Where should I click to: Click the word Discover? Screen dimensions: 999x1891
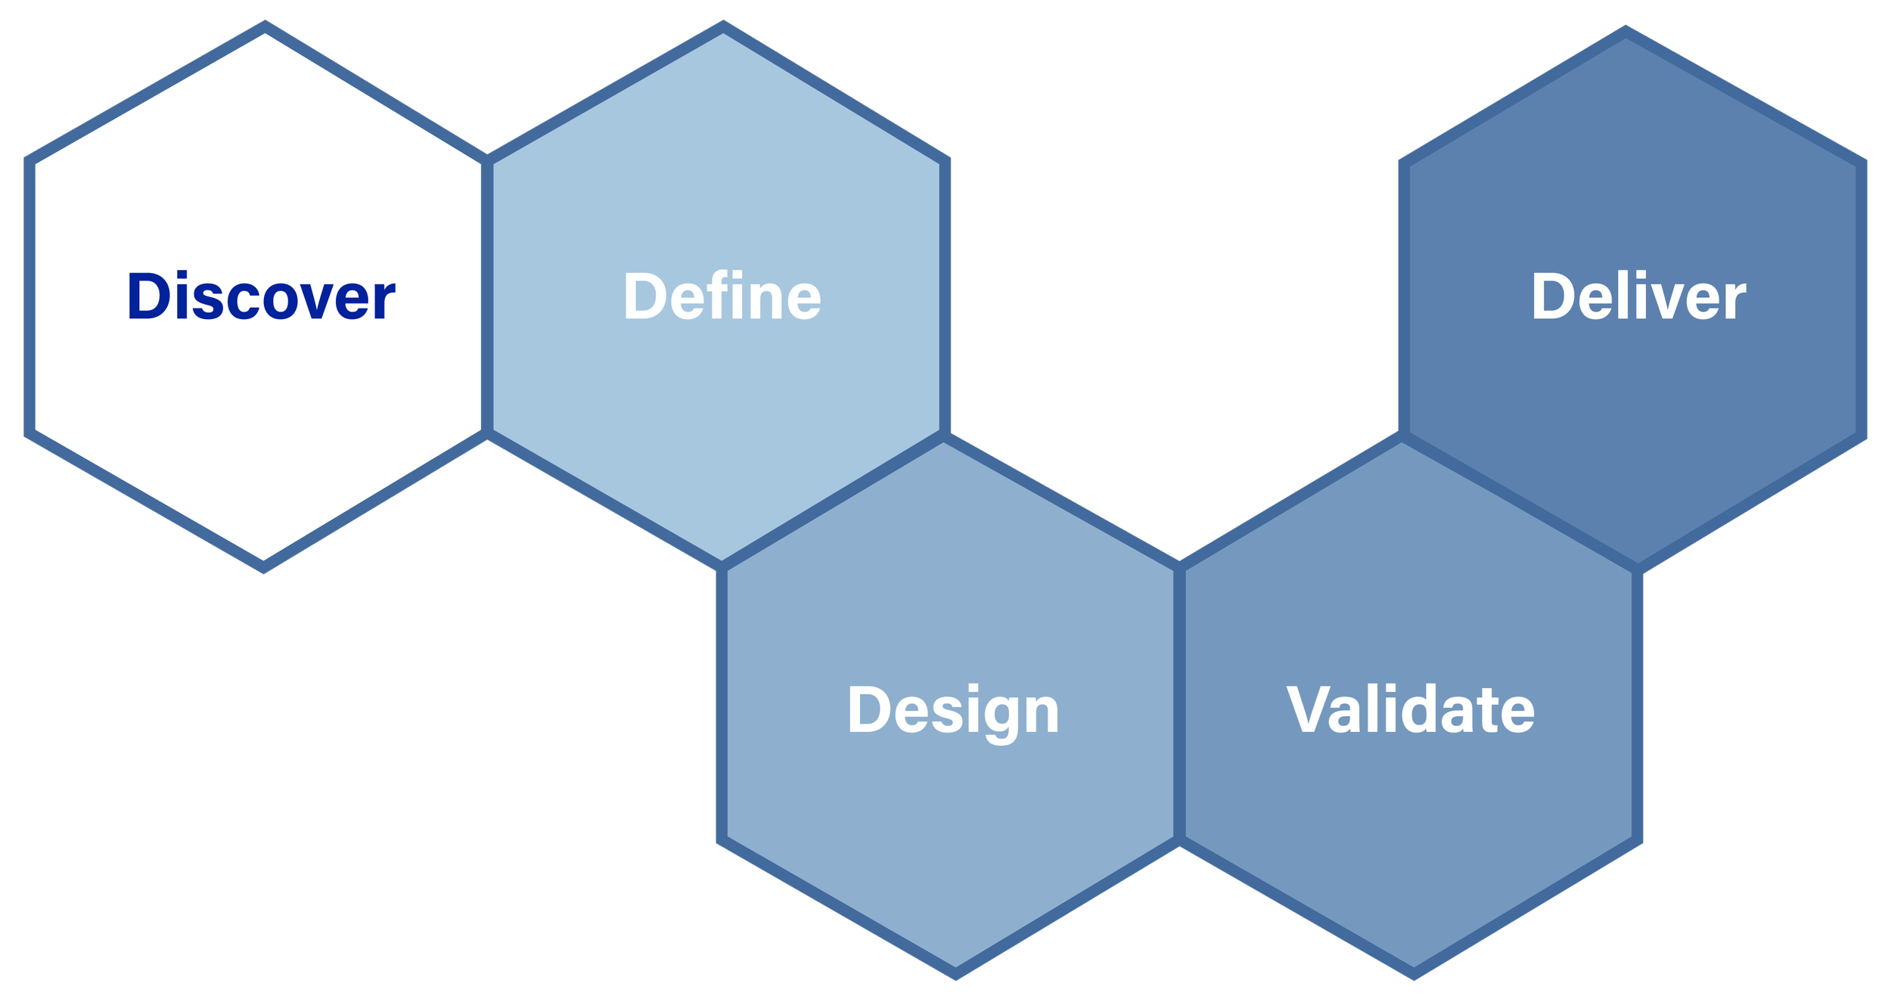261,296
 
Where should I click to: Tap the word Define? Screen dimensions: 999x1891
722,296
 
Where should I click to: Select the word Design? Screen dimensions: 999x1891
953,711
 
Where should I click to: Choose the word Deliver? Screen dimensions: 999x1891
1638,296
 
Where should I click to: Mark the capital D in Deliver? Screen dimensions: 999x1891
1555,296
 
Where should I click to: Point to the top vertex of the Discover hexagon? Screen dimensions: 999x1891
264,26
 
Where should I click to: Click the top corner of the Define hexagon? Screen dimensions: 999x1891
723,26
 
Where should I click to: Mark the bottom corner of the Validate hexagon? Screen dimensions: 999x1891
1414,974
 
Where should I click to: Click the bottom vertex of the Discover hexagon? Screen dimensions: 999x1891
264,568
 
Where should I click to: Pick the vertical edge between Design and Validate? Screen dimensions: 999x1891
1178,703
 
